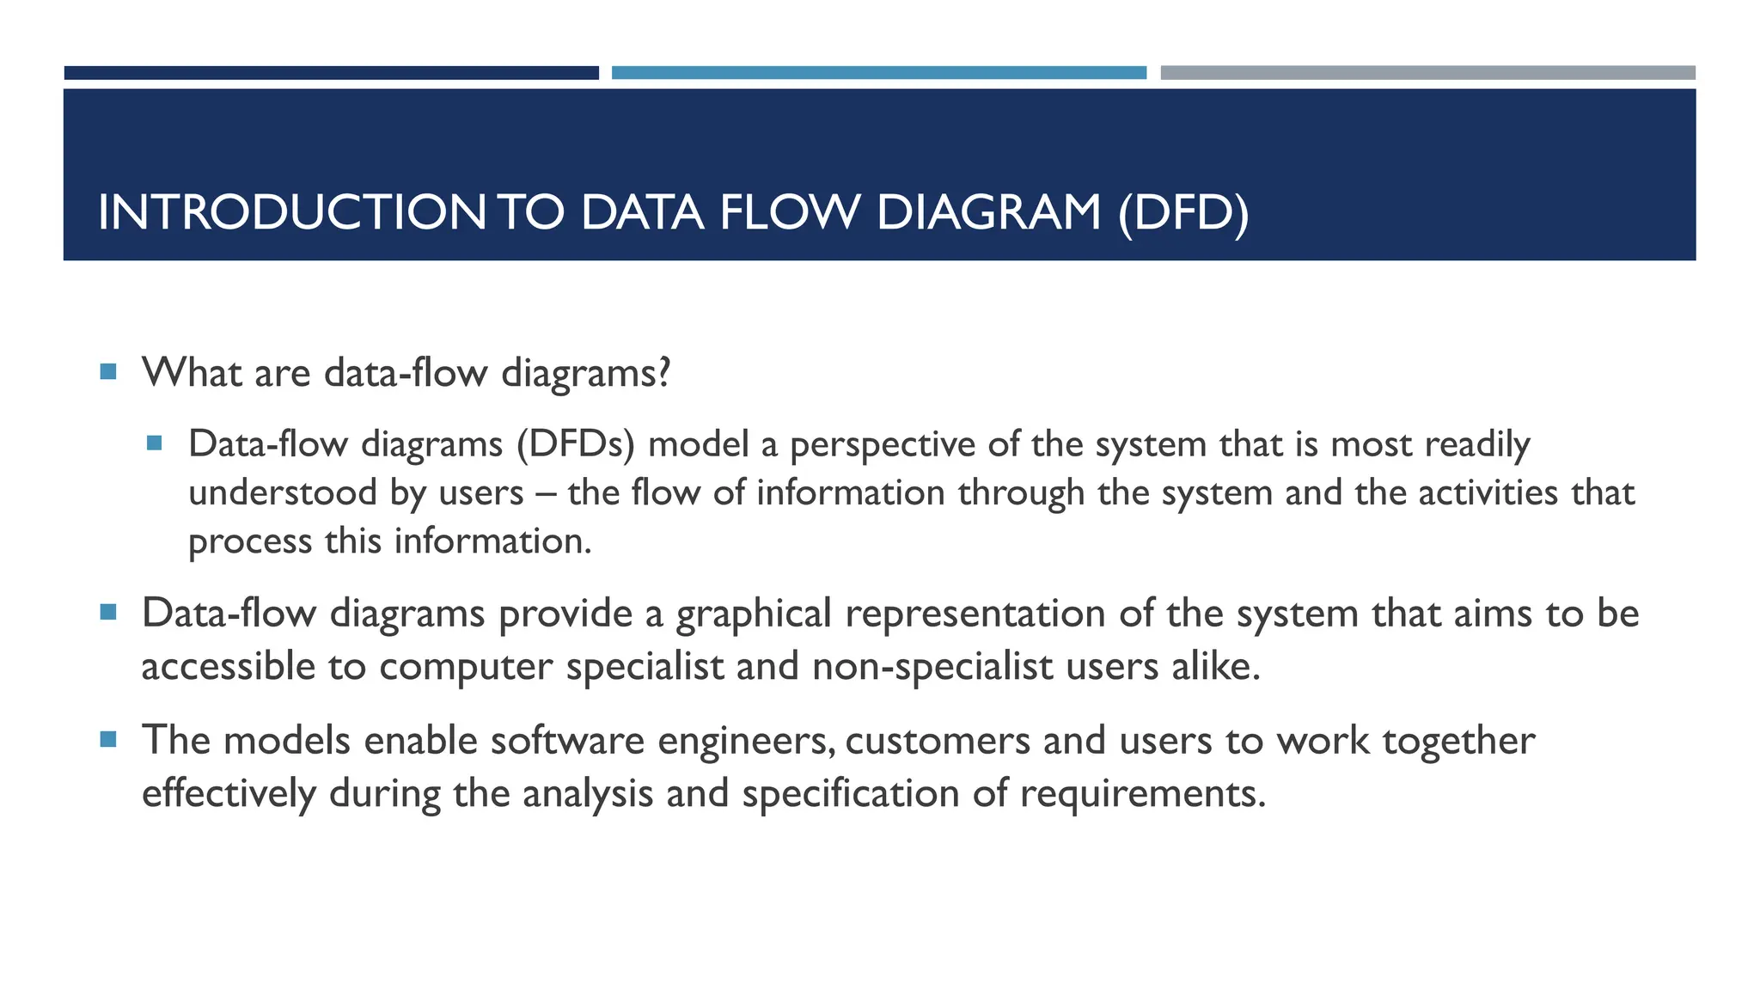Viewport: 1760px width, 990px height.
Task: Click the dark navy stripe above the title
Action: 331,73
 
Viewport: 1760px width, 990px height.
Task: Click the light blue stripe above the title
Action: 878,73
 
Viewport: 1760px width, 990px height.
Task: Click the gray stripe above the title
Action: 1427,73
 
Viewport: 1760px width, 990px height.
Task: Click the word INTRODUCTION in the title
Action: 292,213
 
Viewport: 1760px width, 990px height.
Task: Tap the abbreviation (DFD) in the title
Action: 1183,213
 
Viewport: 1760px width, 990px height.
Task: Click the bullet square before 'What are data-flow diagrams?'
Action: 107,372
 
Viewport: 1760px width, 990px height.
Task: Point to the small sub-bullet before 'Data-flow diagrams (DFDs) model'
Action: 155,443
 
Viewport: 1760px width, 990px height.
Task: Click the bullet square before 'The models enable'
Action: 107,739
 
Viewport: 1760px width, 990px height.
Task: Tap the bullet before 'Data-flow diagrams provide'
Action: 107,613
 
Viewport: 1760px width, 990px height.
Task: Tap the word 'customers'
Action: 938,741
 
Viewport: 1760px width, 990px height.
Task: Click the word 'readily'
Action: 1477,445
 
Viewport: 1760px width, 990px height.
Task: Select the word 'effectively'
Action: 229,793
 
